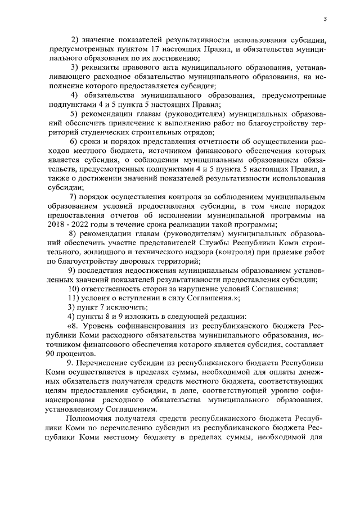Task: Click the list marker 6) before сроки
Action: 73,141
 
